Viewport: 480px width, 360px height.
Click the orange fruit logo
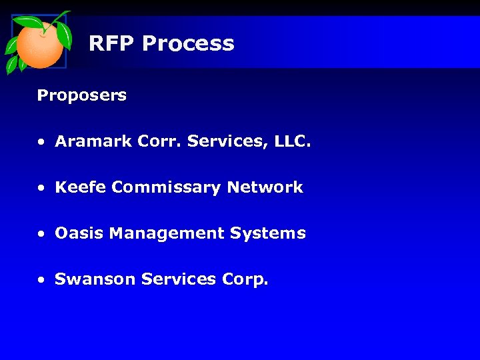[x=39, y=42]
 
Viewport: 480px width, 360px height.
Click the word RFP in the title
[x=111, y=44]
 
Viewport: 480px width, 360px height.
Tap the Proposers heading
[x=81, y=95]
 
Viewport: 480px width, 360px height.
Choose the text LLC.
[x=291, y=141]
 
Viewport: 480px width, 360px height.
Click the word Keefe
[x=81, y=187]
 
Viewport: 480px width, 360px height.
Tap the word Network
[x=265, y=187]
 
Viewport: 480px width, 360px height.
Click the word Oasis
[x=79, y=233]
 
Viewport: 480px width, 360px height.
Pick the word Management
[x=167, y=234]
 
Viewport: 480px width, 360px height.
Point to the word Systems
[x=267, y=234]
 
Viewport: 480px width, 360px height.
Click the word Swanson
[x=95, y=279]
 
